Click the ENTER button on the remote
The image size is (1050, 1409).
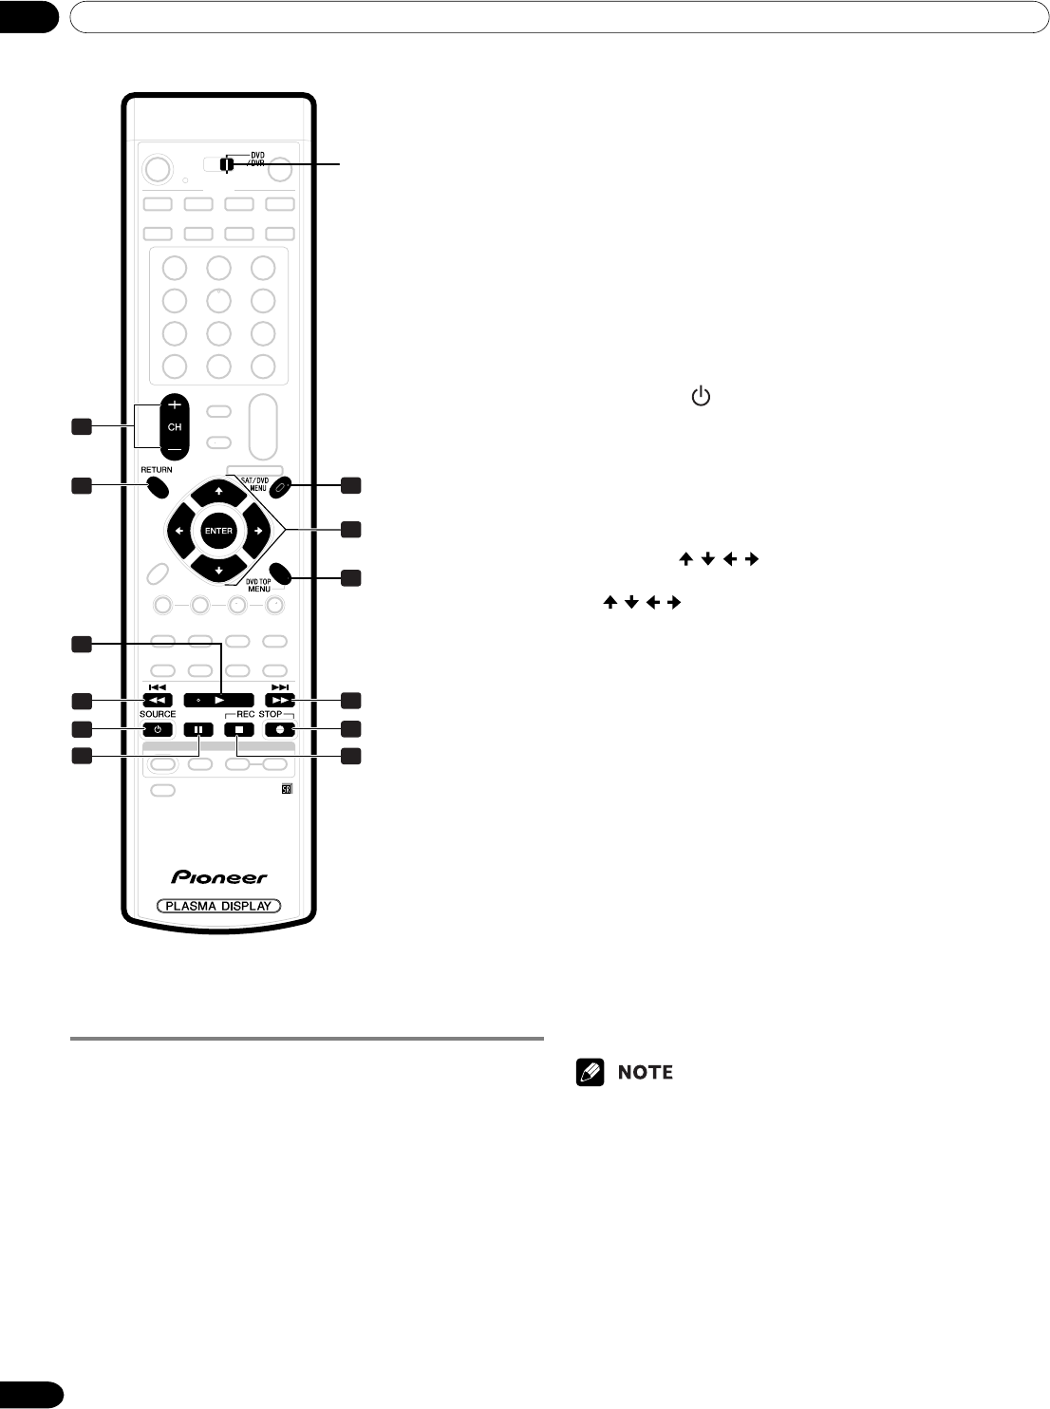pyautogui.click(x=218, y=531)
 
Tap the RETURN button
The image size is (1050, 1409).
pyautogui.click(x=157, y=488)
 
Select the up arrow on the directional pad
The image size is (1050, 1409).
pyautogui.click(x=218, y=492)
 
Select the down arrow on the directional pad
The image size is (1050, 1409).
pyautogui.click(x=218, y=571)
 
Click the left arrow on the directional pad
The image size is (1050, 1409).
pyautogui.click(x=178, y=531)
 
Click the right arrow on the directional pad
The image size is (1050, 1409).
pyautogui.click(x=258, y=531)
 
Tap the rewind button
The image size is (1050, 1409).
pyautogui.click(x=158, y=701)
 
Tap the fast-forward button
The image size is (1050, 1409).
pyautogui.click(x=280, y=701)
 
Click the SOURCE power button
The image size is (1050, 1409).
pyautogui.click(x=158, y=729)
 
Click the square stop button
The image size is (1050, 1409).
pyautogui.click(x=239, y=729)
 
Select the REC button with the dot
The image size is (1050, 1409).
pyautogui.click(x=280, y=729)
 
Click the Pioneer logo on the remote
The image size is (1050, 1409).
pyautogui.click(x=219, y=877)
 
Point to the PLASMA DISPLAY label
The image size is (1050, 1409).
pyautogui.click(x=218, y=906)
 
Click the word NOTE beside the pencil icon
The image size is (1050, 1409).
pyautogui.click(x=646, y=1072)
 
